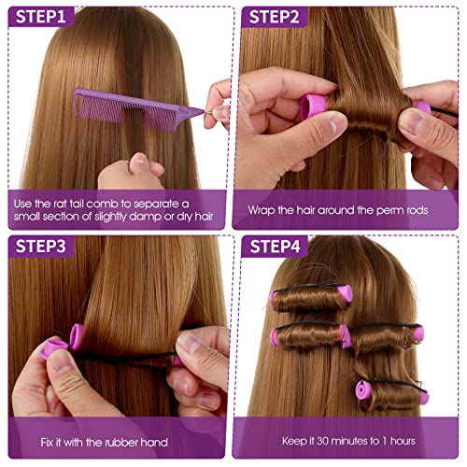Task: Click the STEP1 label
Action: coord(41,17)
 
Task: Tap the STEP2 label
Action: coord(274,17)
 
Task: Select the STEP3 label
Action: coord(41,247)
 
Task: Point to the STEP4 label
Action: coord(275,247)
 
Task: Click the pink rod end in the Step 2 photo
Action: coord(313,106)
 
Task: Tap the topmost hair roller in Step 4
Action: coord(311,298)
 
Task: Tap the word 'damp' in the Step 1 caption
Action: coord(145,217)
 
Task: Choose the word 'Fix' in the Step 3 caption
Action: coord(47,443)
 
